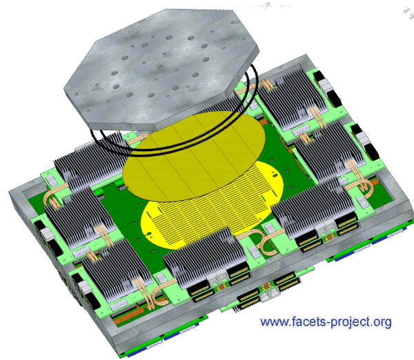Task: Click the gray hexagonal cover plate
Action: point(161,69)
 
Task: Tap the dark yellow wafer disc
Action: point(194,156)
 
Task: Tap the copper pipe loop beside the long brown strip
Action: point(158,293)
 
